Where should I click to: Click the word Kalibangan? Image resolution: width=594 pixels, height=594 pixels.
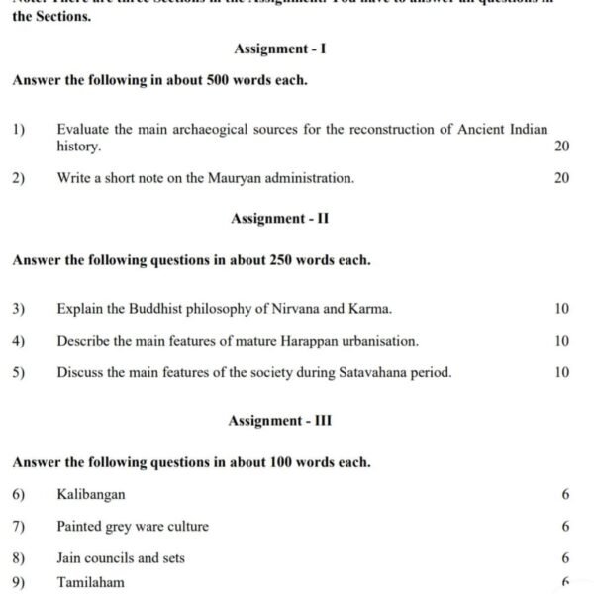(91, 494)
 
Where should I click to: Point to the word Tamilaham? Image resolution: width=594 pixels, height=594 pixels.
(91, 582)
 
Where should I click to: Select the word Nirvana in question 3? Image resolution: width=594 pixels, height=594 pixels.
(279, 309)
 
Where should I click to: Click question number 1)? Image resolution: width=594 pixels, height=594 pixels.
(19, 130)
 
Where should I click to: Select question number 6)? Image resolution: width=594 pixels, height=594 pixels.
(19, 494)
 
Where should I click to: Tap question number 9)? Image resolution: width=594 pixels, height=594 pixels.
(19, 582)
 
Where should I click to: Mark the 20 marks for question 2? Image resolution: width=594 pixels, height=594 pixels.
(561, 178)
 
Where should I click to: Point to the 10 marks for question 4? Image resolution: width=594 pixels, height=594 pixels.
(561, 341)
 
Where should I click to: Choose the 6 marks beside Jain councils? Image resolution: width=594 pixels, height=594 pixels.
(564, 558)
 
